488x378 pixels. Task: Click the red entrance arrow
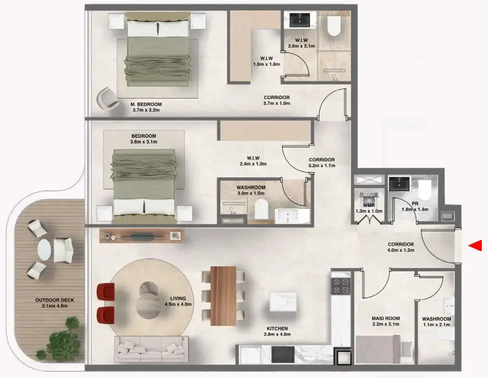pos(475,246)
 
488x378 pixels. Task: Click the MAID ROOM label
pos(385,321)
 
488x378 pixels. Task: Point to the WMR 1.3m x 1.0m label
pos(369,208)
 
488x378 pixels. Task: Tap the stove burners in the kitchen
pos(341,286)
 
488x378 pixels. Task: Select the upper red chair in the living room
pos(106,291)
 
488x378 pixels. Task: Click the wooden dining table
pos(223,288)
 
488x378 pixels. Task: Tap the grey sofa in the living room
pos(150,349)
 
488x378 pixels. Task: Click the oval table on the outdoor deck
pos(45,249)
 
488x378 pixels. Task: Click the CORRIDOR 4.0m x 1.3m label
pos(401,247)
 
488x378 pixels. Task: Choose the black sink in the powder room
pos(399,183)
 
